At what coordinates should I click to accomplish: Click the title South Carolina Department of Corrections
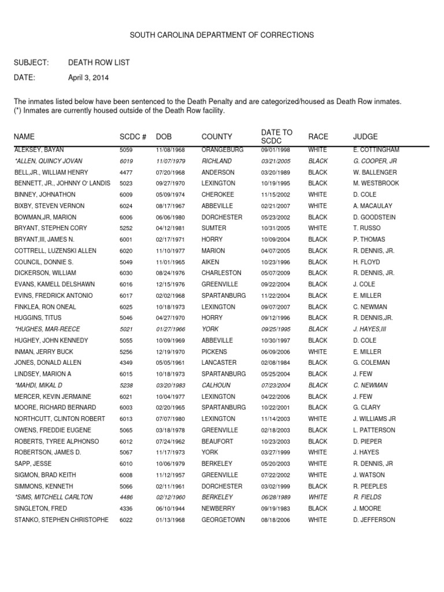pyautogui.click(x=221, y=35)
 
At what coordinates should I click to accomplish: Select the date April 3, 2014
pyautogui.click(x=88, y=77)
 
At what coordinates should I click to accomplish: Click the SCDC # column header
pyautogui.click(x=132, y=137)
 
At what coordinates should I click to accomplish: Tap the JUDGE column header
pyautogui.click(x=365, y=137)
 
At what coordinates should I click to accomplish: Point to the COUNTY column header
pyautogui.click(x=217, y=137)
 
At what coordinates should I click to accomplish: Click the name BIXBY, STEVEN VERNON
pyautogui.click(x=49, y=206)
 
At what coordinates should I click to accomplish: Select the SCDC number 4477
pyautogui.click(x=125, y=172)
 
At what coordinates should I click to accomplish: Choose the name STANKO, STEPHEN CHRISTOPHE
pyautogui.click(x=61, y=520)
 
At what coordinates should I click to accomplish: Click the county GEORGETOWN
pyautogui.click(x=223, y=520)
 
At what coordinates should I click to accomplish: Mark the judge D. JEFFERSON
pyautogui.click(x=374, y=520)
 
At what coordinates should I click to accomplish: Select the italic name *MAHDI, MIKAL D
pyautogui.click(x=39, y=385)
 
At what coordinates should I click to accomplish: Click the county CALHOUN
pyautogui.click(x=216, y=385)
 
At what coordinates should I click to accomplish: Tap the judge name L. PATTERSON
pyautogui.click(x=374, y=430)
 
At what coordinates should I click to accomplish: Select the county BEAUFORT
pyautogui.click(x=217, y=441)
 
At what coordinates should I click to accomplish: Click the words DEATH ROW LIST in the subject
pyautogui.click(x=99, y=62)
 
